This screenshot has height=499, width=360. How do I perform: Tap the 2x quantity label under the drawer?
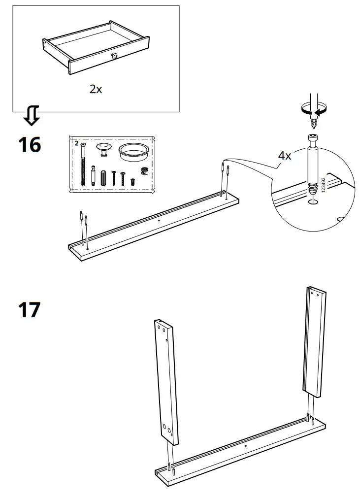[96, 89]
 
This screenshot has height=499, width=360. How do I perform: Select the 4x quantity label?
[285, 156]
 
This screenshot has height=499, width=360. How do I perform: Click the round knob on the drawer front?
[115, 57]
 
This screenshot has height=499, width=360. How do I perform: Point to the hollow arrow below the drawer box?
[32, 115]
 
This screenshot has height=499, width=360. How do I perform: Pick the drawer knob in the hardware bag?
[104, 148]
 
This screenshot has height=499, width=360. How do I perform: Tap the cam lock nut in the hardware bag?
[145, 171]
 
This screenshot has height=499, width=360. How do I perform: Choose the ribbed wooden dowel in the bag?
[103, 178]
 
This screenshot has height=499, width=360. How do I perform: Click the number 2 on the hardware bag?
[76, 143]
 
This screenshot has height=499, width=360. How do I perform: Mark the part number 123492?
[324, 188]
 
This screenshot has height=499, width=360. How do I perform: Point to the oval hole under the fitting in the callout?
[312, 201]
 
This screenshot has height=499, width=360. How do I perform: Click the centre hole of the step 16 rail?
[159, 221]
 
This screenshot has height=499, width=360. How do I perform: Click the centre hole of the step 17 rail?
[245, 447]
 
